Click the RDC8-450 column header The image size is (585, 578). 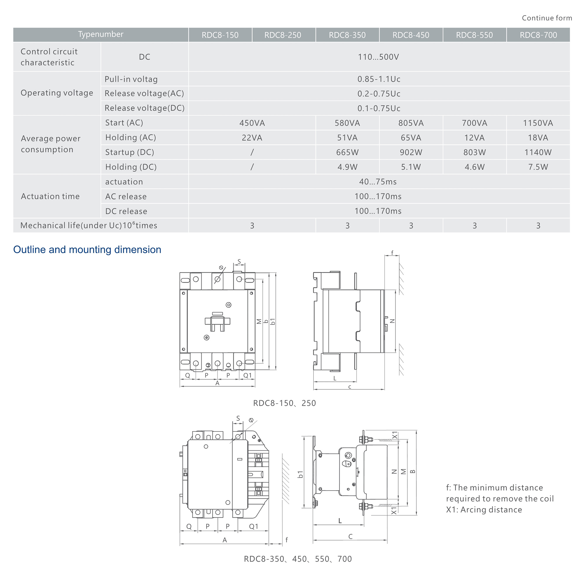tap(411, 35)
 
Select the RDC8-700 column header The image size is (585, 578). tap(538, 35)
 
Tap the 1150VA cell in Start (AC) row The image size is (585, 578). tap(538, 123)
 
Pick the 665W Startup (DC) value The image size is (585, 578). tap(347, 152)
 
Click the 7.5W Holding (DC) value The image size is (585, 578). tap(538, 167)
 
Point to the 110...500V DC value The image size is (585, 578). tap(378, 57)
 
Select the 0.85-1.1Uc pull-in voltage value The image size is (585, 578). tap(378, 79)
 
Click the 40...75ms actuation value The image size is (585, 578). tap(378, 182)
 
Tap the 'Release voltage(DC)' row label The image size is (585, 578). tap(144, 108)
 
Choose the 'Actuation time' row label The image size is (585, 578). tap(50, 196)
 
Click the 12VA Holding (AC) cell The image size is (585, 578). tap(474, 138)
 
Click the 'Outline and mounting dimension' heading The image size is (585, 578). tap(87, 250)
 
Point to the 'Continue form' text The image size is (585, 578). tap(547, 18)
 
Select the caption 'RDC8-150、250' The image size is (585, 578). tap(284, 403)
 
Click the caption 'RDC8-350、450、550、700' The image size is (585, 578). tap(298, 559)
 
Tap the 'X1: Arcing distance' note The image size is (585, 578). tap(484, 510)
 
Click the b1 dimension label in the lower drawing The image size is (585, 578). tap(300, 474)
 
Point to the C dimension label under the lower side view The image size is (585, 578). tap(350, 536)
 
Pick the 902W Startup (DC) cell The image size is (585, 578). tap(411, 152)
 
